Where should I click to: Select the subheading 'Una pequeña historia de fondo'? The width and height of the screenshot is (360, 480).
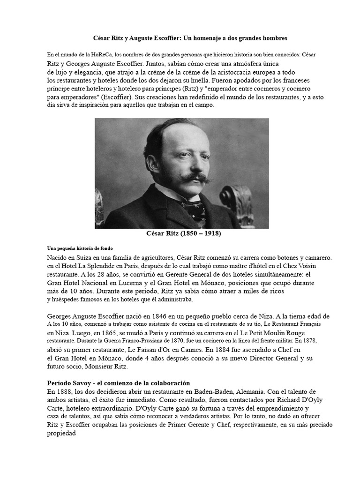(x=80, y=247)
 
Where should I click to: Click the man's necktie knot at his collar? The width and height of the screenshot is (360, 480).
(x=191, y=205)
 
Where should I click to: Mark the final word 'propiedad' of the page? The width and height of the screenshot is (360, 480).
(x=61, y=434)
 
